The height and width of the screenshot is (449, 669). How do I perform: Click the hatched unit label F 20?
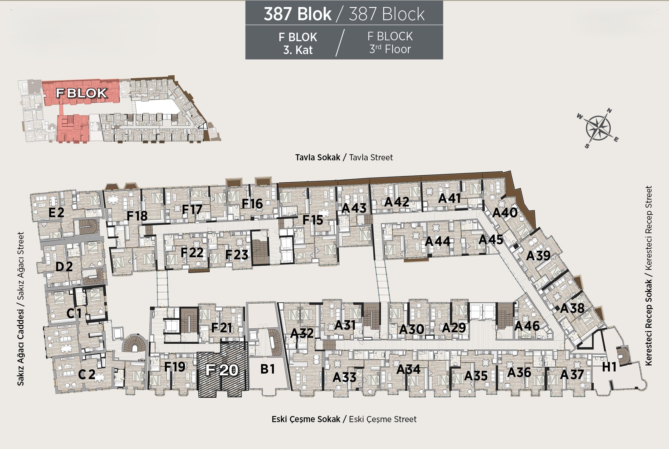click(222, 370)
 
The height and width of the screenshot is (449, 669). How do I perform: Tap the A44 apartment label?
click(438, 241)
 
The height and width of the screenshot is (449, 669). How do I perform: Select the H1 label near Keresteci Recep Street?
click(609, 367)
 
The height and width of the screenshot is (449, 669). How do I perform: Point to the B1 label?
click(267, 369)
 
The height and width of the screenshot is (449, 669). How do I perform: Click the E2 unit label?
click(56, 213)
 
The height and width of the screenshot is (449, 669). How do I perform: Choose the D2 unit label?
click(64, 267)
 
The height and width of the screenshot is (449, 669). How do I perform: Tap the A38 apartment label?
click(572, 308)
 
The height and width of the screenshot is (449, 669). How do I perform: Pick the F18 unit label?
click(137, 216)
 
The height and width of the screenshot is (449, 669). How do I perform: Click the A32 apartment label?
click(302, 333)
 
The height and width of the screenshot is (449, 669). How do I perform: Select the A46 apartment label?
click(527, 326)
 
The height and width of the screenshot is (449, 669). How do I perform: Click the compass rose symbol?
click(598, 128)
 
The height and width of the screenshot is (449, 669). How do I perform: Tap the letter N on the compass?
click(609, 111)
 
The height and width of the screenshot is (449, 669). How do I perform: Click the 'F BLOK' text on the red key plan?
click(82, 93)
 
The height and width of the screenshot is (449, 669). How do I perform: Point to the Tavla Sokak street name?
click(318, 157)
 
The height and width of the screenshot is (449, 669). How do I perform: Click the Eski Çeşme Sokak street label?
click(306, 419)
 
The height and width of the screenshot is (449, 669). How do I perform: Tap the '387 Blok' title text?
click(297, 14)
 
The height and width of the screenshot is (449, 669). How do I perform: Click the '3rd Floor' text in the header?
click(390, 49)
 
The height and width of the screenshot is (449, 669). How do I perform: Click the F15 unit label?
click(313, 220)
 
